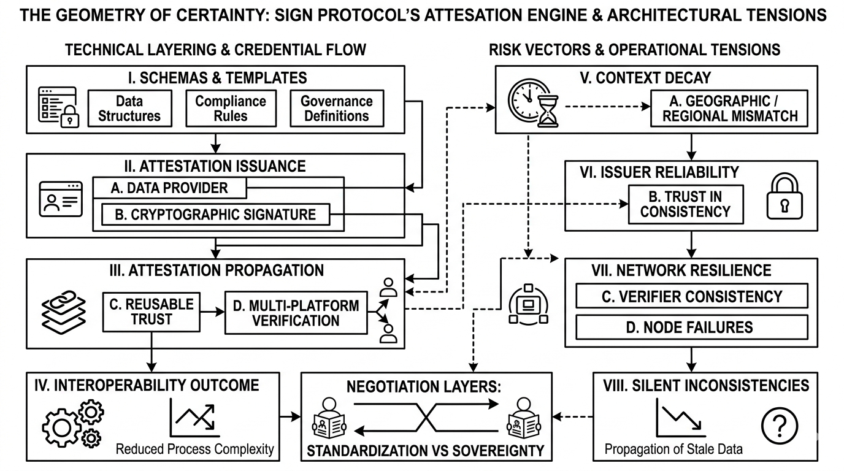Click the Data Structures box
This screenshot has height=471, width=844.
129,109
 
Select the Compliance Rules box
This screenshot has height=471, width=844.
231,109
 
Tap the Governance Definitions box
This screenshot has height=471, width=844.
336,109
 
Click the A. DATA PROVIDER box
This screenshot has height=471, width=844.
169,188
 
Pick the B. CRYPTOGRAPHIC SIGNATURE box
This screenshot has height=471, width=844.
215,215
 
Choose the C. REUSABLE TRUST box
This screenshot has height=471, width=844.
151,312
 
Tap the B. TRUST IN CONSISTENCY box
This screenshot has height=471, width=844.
685,204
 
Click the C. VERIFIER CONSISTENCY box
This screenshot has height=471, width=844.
691,296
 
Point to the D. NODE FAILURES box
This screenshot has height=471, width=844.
691,327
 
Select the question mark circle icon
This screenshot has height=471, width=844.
779,424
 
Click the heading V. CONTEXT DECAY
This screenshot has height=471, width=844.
653,78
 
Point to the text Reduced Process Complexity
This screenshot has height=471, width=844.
194,449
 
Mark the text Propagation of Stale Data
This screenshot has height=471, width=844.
673,449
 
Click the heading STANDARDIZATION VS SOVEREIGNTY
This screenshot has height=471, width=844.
425,451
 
